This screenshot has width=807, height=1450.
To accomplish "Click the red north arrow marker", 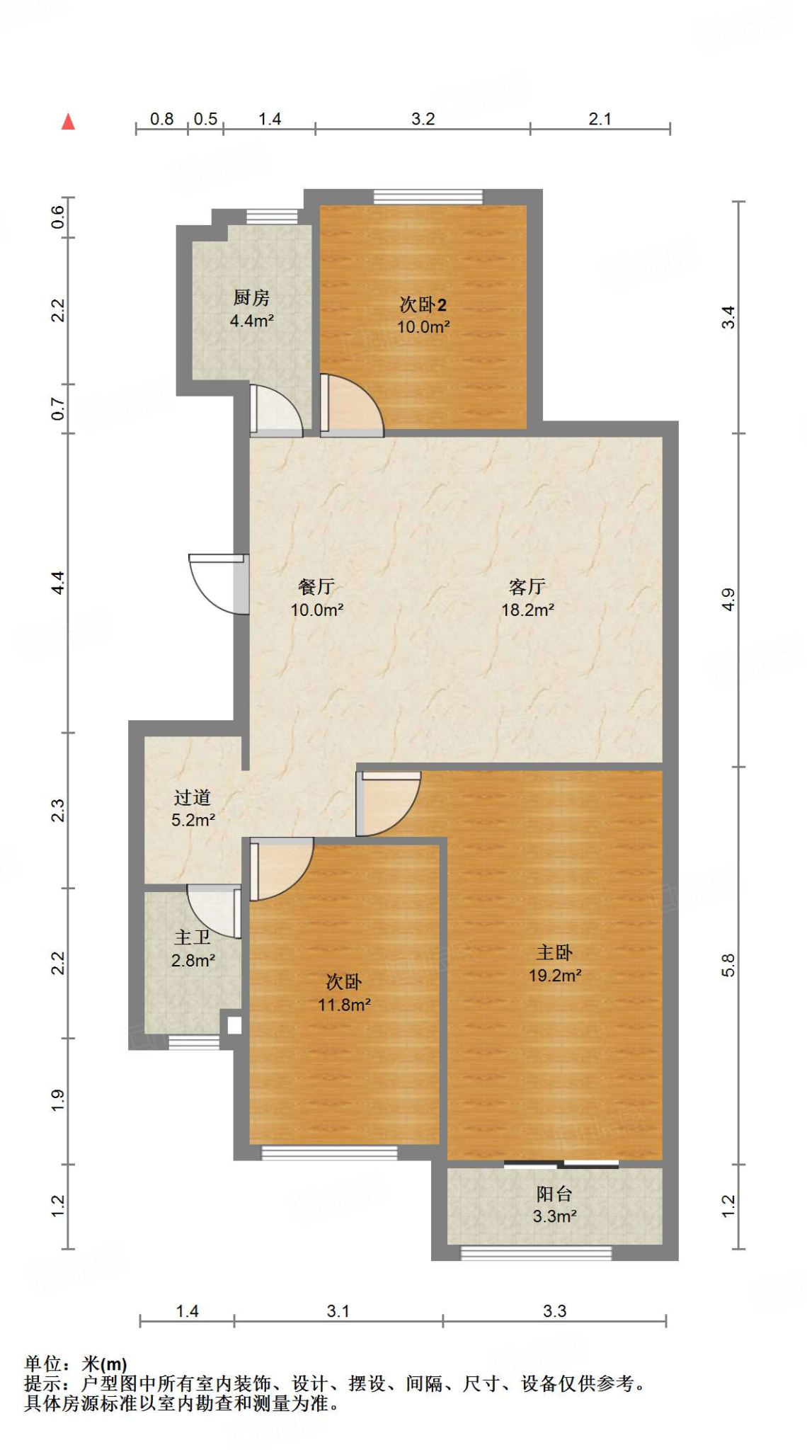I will tap(68, 122).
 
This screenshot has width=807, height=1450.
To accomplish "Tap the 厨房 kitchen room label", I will tap(251, 298).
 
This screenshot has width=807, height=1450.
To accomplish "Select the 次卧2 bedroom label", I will tap(423, 305).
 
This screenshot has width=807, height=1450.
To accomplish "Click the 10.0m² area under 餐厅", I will tap(316, 610).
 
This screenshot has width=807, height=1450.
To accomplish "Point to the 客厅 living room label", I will tap(527, 587).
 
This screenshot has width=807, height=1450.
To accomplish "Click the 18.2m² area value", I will tap(527, 610).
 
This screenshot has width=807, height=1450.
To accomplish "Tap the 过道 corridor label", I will tap(193, 798).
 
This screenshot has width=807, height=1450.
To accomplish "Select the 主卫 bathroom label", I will tap(193, 937).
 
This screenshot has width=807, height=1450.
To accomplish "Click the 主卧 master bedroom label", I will tap(554, 952).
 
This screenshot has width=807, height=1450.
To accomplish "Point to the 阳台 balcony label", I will tap(554, 1194).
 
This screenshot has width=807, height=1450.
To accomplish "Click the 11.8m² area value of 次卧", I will tap(344, 1005).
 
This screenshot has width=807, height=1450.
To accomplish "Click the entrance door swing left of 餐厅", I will tap(216, 583).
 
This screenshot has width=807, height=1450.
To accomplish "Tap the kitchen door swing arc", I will tap(278, 409).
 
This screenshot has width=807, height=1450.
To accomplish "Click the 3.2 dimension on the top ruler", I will tap(423, 119).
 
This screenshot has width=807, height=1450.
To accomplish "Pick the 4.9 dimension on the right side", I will tap(728, 600).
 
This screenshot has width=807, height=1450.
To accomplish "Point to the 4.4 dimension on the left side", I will tap(58, 582).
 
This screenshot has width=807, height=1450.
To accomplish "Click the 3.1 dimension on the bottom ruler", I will tap(338, 1311).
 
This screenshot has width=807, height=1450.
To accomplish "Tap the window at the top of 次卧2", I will tap(428, 197).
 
